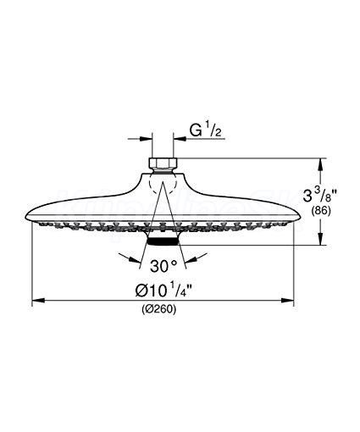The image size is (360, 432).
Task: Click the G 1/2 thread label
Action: [x=205, y=131]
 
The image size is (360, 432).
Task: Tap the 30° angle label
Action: [x=163, y=266]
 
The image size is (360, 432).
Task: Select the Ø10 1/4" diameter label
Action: [x=163, y=291]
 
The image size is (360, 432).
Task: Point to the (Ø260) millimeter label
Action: [x=158, y=309]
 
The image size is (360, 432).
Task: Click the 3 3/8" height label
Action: [x=320, y=196]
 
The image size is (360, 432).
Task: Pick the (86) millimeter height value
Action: [x=320, y=211]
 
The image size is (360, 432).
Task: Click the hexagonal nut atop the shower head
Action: [x=163, y=163]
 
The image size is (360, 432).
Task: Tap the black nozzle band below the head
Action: [x=163, y=241]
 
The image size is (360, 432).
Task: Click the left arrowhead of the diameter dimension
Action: [x=38, y=301]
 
